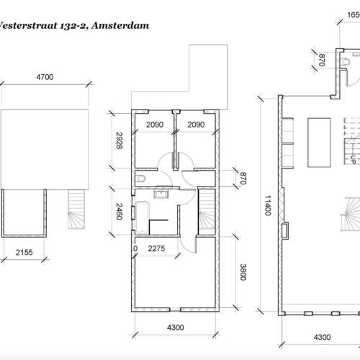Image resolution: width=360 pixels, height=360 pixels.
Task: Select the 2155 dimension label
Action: point(23,253)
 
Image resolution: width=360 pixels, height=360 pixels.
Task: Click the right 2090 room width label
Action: point(197,125)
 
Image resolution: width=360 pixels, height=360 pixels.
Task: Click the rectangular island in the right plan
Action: point(317,140)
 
